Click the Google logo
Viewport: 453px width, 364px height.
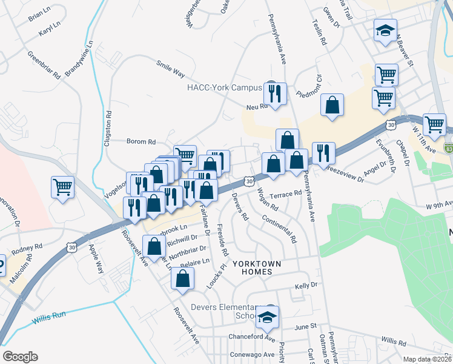(20, 357)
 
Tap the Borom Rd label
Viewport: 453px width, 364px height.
(141, 141)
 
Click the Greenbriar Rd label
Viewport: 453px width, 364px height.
(44, 65)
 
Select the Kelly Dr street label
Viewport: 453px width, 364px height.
(306, 285)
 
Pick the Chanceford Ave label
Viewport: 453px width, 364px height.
(252, 337)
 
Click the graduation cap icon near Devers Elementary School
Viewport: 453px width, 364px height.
(266, 317)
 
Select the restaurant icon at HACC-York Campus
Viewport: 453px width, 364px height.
(276, 93)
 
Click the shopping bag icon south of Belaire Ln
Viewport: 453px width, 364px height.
(182, 279)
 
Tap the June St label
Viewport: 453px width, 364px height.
(305, 326)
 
